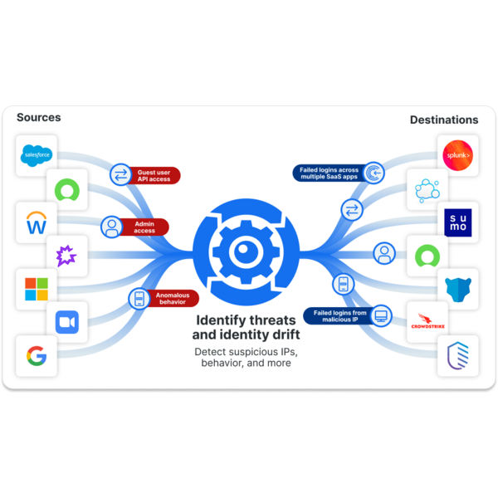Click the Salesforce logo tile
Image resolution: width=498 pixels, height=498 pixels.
pos(37,155)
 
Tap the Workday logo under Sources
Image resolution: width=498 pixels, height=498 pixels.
pos(37,222)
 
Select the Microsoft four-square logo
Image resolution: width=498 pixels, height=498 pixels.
pos(37,289)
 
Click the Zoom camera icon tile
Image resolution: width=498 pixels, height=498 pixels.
pos(66,323)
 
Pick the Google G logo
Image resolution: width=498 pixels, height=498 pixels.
pos(37,357)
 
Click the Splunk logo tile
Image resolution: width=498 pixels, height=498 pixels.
pos(457,155)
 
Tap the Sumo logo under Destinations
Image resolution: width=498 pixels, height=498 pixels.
pos(457,222)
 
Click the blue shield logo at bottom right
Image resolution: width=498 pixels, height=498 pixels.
pos(457,355)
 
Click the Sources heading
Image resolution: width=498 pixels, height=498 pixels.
pos(39,118)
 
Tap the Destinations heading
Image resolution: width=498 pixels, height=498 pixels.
pos(444,120)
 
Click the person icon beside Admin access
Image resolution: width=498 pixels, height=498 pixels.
pos(111,227)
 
